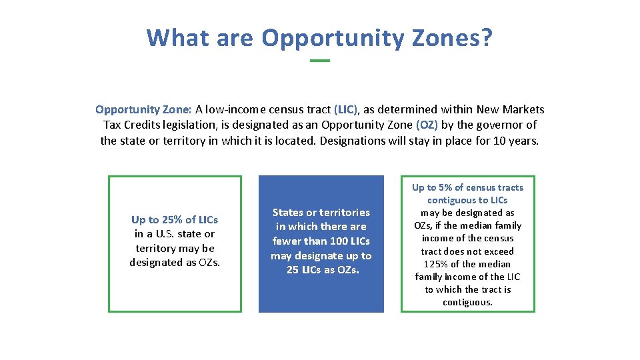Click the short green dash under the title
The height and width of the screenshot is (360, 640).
click(320, 61)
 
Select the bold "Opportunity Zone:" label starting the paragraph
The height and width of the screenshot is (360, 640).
click(144, 109)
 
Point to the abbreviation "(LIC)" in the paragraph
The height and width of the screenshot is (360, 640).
click(346, 109)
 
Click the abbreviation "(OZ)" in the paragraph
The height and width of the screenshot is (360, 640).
click(427, 125)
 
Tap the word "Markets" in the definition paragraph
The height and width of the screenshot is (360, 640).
click(523, 109)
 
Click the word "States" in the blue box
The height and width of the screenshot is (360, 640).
click(288, 212)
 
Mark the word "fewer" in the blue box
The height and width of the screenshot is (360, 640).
click(287, 241)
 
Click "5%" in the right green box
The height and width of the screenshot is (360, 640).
click(444, 187)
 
